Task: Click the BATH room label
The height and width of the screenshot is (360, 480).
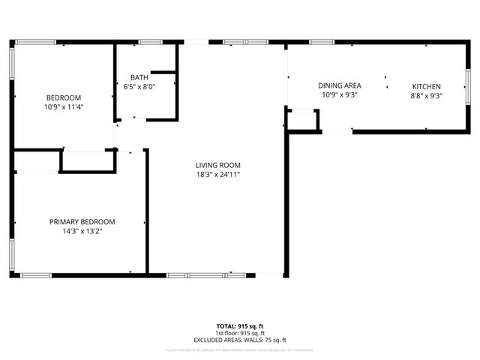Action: pos(139,77)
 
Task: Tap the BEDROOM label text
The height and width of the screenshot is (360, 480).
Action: pos(64,97)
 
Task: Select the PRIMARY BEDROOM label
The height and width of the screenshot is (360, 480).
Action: pos(82,221)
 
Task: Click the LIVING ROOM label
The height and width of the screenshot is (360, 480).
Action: pos(218,165)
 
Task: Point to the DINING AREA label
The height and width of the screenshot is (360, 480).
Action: pos(340,86)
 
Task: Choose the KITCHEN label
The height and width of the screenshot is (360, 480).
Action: pos(426,86)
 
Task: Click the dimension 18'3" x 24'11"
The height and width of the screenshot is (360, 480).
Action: pos(218,175)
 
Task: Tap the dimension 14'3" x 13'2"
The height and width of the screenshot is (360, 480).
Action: pos(82,231)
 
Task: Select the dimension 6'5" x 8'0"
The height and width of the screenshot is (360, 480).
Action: pos(139,86)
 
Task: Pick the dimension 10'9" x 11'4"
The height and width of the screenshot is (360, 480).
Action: pos(64,106)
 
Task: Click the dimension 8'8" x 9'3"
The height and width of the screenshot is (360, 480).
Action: pos(426,95)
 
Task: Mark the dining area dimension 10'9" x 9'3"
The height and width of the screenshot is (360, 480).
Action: pos(340,95)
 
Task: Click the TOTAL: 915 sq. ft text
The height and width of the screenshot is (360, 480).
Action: pos(240,325)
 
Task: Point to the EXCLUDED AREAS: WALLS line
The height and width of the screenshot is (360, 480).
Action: pos(240,340)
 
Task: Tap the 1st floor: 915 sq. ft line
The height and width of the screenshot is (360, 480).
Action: pos(240,333)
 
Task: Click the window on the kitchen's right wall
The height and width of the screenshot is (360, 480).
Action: pos(466,86)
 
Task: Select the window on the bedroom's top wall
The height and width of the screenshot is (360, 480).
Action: pos(36,42)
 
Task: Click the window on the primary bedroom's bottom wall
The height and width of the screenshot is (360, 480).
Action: pos(36,275)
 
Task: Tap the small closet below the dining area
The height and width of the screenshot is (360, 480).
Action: pos(303,118)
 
